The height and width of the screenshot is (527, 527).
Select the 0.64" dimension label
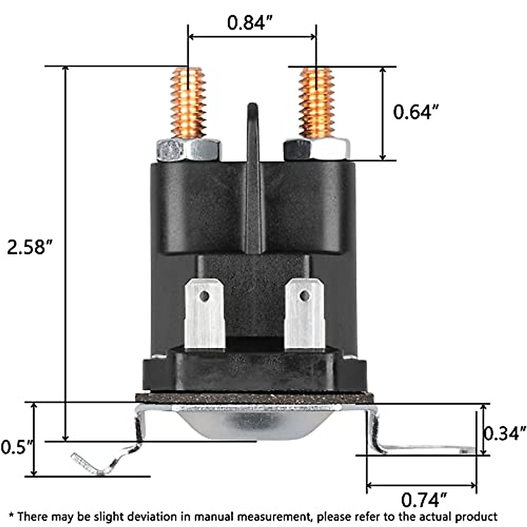pos(415,112)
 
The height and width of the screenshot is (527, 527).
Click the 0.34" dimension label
pos(505,433)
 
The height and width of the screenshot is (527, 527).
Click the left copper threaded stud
pos(188,104)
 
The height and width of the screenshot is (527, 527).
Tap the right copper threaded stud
pos(316,104)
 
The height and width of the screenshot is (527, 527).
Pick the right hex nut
pos(317,149)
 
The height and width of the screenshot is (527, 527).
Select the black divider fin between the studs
pos(253,176)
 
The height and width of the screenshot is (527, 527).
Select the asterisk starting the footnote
pos(11,515)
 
